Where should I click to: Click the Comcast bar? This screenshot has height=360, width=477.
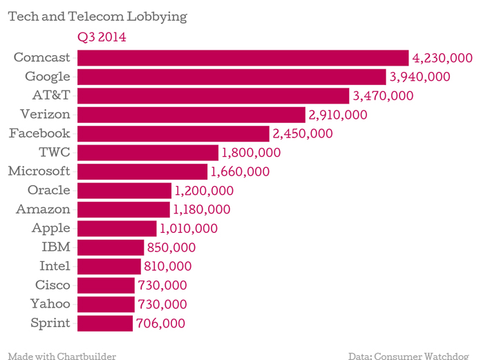coord(243,58)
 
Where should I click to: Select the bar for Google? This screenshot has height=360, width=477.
coord(232,77)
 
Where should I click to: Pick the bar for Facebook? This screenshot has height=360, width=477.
coord(173,133)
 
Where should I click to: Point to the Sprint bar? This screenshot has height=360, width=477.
coord(104,323)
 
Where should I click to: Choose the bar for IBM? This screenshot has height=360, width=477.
coord(110,247)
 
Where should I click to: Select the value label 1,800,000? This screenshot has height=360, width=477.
coord(251,153)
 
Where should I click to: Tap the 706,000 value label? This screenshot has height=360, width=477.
coord(160,323)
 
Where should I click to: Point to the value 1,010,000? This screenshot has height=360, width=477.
coord(189,228)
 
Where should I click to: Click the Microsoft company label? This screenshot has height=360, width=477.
coord(39,171)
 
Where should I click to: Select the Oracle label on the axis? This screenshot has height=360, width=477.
coord(48,190)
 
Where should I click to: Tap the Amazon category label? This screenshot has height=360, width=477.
coord(43,209)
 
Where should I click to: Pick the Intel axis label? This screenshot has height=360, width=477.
coord(55,265)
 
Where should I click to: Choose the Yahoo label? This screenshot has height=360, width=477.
coord(50,303)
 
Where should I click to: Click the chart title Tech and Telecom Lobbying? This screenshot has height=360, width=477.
coord(97,16)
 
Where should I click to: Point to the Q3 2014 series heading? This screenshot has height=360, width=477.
coord(102,37)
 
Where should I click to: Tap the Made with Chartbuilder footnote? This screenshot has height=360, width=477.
coord(62,355)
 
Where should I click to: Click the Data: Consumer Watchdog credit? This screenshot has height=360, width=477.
coord(411,355)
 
